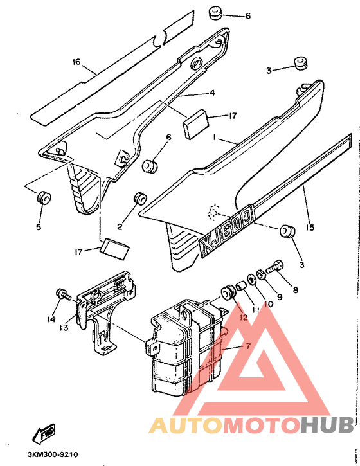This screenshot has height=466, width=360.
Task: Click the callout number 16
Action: [76, 62]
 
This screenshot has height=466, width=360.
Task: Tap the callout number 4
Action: [212, 93]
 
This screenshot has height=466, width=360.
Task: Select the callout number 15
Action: [310, 228]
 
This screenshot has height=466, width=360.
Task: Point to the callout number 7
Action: [248, 346]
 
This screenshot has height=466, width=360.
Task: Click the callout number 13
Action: [64, 328]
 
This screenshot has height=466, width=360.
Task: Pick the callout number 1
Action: [214, 138]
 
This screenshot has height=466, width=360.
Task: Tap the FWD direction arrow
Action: [44, 433]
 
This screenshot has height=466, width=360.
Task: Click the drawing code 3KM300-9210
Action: [53, 454]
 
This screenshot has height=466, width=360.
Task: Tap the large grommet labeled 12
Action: [229, 292]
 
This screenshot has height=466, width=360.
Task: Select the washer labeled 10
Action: [251, 280]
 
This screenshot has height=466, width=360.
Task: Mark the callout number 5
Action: [39, 227]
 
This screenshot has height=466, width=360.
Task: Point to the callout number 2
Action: [120, 227]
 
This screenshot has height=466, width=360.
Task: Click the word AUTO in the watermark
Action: [186, 425]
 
